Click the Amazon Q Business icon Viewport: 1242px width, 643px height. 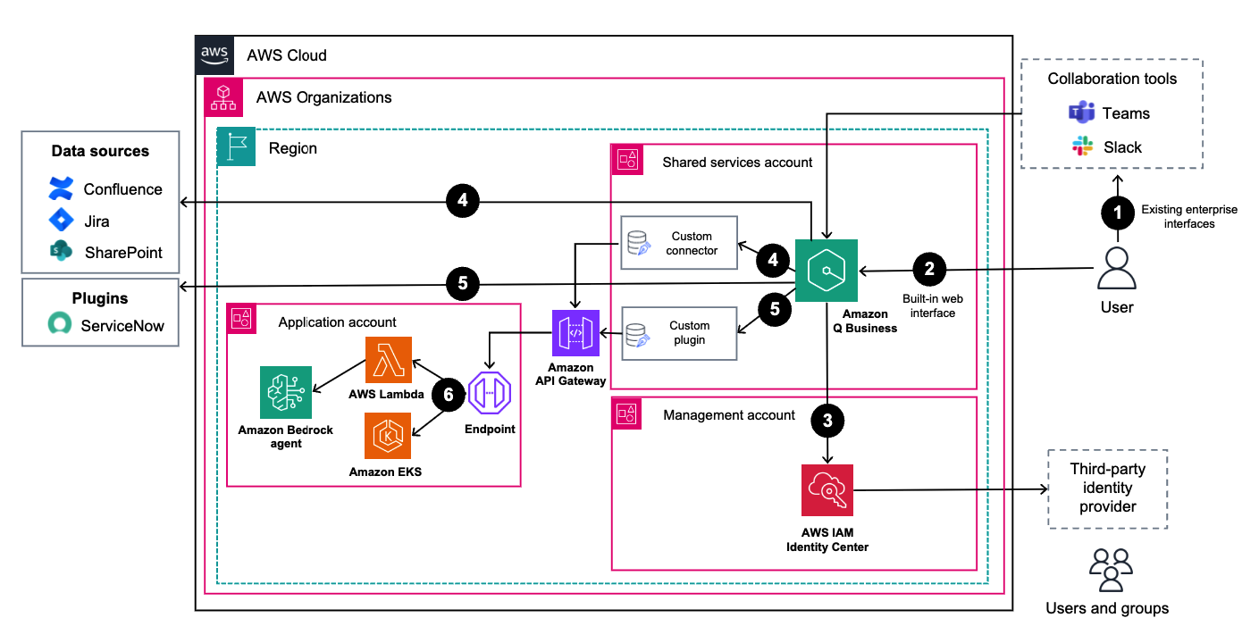tap(827, 270)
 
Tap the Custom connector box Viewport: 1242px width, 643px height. tap(679, 243)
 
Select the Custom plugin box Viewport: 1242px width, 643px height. tap(679, 333)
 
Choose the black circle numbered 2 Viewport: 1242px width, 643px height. tap(930, 268)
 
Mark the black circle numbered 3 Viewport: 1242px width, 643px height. tap(828, 422)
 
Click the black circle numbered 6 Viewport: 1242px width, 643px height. tap(449, 393)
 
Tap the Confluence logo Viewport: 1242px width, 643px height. tap(61, 189)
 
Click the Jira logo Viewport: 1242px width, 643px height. tap(61, 221)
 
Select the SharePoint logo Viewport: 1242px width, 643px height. tap(61, 253)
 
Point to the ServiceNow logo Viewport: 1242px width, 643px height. tap(61, 326)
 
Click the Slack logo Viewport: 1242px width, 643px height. tap(1083, 147)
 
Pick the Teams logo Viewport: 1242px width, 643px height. tap(1082, 113)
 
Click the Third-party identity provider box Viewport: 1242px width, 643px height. tap(1107, 489)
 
